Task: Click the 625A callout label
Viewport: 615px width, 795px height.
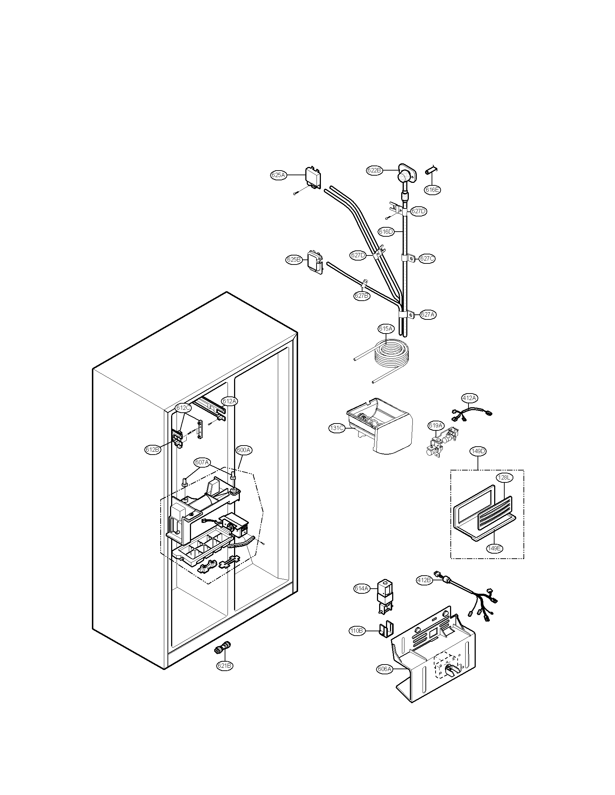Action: pyautogui.click(x=278, y=175)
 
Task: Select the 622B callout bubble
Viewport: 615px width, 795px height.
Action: pyautogui.click(x=374, y=170)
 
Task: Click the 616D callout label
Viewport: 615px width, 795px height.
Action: pyautogui.click(x=386, y=232)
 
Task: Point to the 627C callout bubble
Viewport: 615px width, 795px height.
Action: pyautogui.click(x=427, y=258)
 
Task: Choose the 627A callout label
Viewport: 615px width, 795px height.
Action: pyautogui.click(x=428, y=314)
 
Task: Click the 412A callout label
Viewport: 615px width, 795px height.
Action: pyautogui.click(x=469, y=398)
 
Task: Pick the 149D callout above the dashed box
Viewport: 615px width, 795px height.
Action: pyautogui.click(x=478, y=451)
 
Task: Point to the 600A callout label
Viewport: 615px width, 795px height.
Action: pyautogui.click(x=243, y=450)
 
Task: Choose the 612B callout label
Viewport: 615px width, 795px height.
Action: pyautogui.click(x=152, y=450)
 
